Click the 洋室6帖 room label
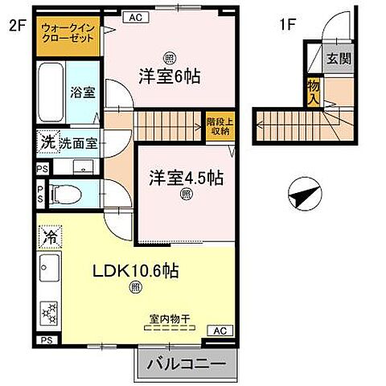pyautogui.click(x=170, y=77)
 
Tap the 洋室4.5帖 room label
pyautogui.click(x=185, y=178)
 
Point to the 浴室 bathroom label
pyautogui.click(x=83, y=92)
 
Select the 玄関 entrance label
pyautogui.click(x=338, y=59)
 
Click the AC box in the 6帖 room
pyautogui.click(x=135, y=16)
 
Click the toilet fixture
pyautogui.click(x=65, y=194)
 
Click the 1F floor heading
pyautogui.click(x=287, y=25)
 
